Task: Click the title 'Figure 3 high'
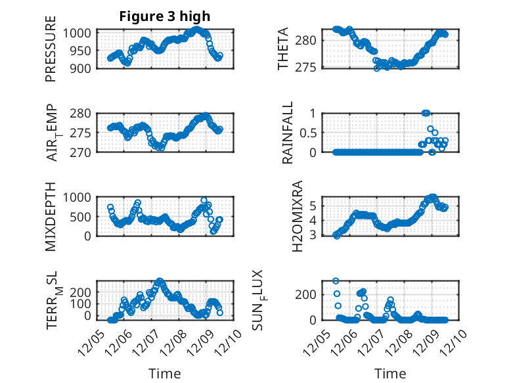pos(165,16)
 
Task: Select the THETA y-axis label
pos(284,49)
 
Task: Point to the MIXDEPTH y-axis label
pos(51,216)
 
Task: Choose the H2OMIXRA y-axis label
pos(297,216)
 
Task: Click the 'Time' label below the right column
pos(390,373)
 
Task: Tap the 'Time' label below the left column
pos(165,373)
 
